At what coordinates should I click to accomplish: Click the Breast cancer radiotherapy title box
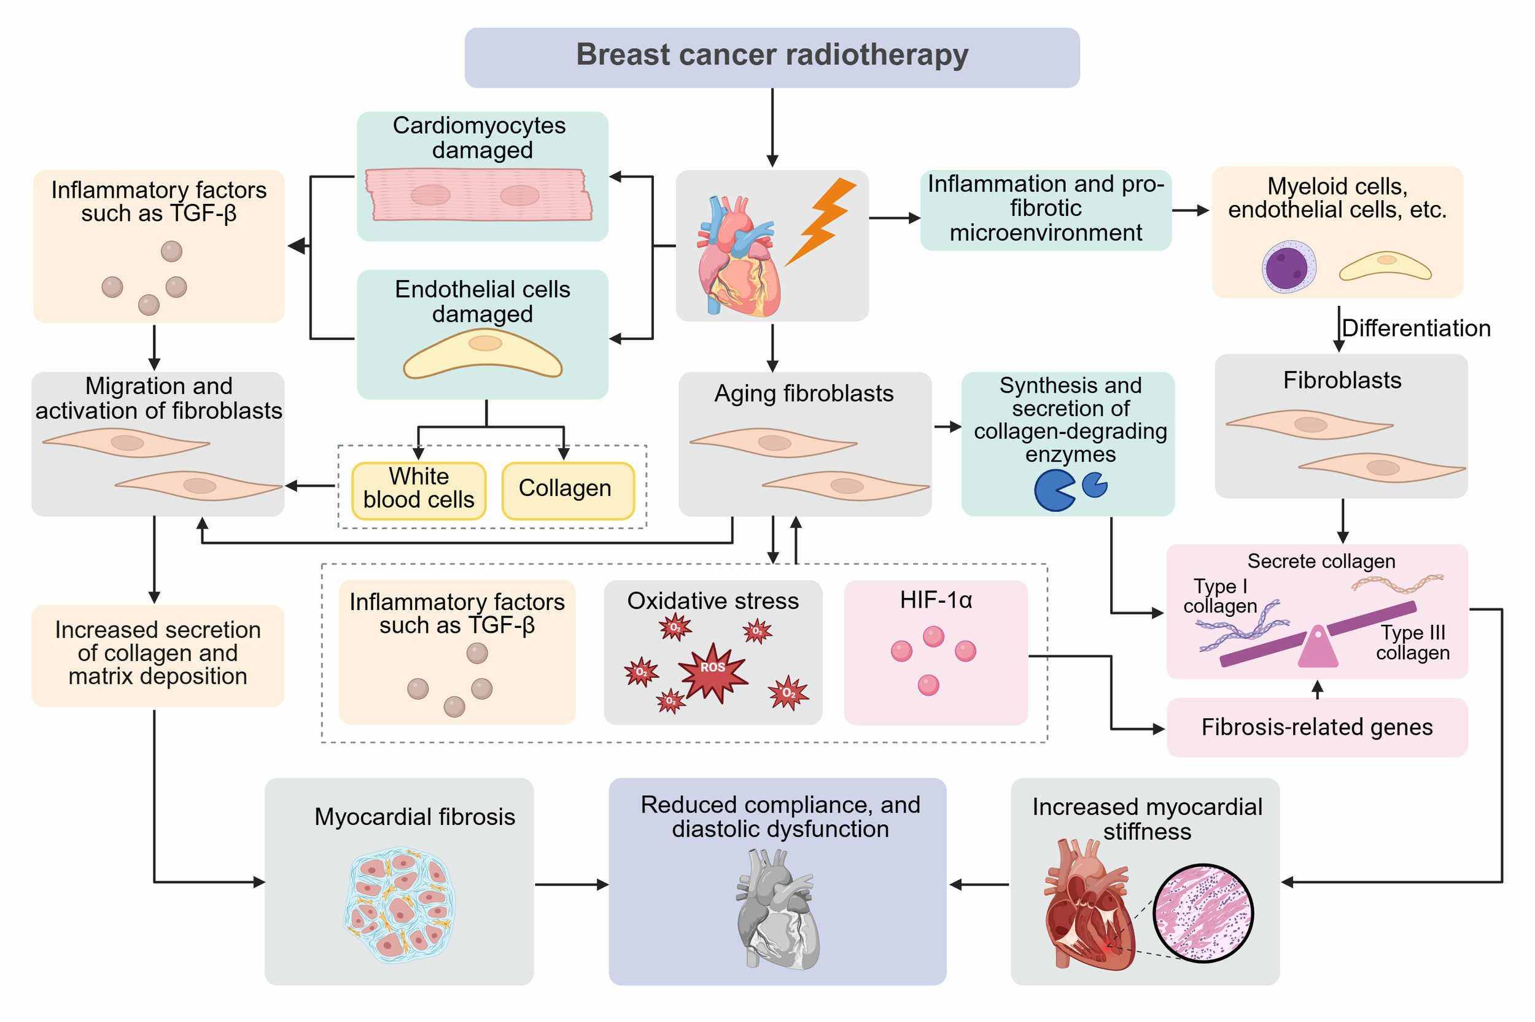771,57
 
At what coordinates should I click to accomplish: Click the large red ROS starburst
713,672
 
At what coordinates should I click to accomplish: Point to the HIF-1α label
935,600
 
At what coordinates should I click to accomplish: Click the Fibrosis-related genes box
1316,727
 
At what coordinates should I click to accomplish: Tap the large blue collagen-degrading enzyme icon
1052,490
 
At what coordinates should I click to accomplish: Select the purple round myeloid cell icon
1288,267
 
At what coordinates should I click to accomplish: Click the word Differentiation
1415,328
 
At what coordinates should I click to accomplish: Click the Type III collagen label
1412,642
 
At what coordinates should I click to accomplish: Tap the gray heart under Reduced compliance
775,909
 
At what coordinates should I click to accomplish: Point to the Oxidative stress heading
712,601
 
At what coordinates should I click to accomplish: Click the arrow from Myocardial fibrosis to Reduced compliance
571,885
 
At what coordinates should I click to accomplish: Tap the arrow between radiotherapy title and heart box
772,127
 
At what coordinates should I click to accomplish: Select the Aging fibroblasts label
803,393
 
